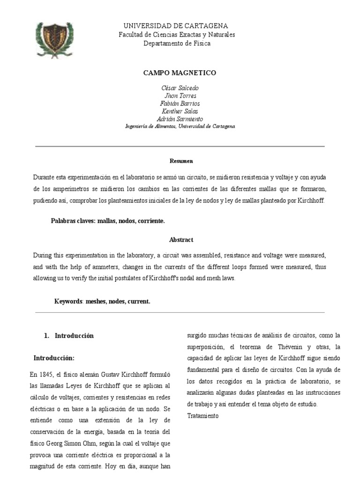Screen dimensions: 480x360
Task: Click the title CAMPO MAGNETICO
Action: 180,73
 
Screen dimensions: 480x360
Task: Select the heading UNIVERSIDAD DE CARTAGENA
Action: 176,26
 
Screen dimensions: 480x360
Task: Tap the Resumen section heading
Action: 181,161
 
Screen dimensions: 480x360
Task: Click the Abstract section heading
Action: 181,240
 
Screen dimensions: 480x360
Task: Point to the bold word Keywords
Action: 68,301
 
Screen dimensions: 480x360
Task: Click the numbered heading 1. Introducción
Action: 69,336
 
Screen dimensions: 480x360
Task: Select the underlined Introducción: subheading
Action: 54,358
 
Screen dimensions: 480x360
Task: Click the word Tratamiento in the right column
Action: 202,416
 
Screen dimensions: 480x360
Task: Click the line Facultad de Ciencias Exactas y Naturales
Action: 177,35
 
